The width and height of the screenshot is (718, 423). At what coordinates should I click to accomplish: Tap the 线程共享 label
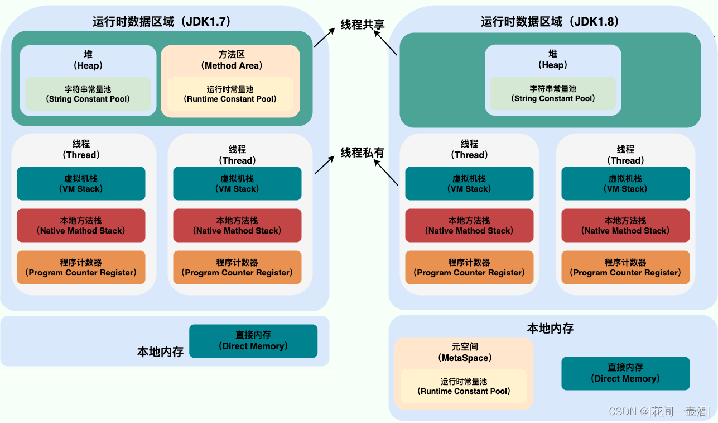click(362, 25)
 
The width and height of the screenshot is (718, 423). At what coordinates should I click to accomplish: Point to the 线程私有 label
click(362, 152)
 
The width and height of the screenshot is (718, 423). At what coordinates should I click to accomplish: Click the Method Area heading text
click(232, 60)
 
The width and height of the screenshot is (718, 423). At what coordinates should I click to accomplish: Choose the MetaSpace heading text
click(464, 353)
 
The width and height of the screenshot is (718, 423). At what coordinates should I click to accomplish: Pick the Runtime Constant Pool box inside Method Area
click(230, 94)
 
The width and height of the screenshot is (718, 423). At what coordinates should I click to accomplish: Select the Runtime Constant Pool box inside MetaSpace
click(464, 386)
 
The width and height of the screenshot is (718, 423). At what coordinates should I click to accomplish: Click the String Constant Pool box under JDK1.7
click(88, 94)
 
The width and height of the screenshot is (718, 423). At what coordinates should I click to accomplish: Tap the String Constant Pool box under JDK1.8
click(553, 93)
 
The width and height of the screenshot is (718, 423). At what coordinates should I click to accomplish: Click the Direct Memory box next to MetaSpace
click(625, 373)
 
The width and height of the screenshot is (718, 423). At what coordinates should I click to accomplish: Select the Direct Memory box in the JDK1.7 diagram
click(253, 341)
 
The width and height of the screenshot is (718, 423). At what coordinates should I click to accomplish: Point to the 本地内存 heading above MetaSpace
click(550, 328)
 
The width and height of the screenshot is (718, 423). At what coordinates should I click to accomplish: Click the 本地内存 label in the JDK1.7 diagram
click(161, 352)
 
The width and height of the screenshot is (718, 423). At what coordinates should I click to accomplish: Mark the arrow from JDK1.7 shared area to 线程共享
click(325, 37)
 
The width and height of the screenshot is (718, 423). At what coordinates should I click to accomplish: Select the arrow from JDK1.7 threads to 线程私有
click(325, 164)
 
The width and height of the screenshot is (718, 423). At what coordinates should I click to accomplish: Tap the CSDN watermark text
click(658, 411)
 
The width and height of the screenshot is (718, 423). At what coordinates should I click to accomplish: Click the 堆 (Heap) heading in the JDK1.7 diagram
click(88, 60)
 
